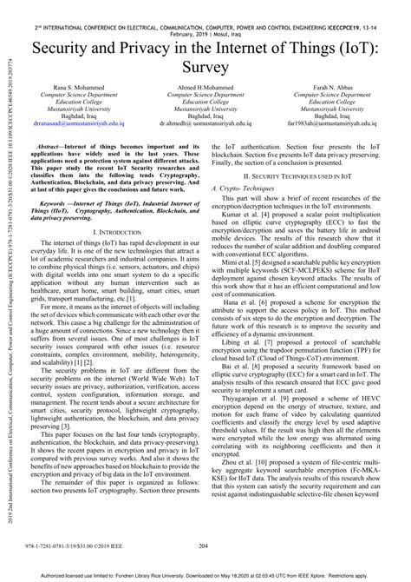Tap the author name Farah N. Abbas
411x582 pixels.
(x=340, y=87)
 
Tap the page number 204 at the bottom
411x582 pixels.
(x=205, y=546)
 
